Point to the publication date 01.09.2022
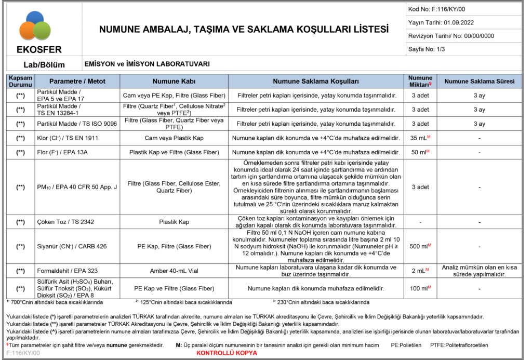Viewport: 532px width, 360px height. pos(441,22)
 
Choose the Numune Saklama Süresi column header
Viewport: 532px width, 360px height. pos(479,82)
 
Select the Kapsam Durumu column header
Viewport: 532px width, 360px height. pos(20,82)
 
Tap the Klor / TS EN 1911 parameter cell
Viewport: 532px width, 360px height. pos(68,138)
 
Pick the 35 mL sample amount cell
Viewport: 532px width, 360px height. pos(420,138)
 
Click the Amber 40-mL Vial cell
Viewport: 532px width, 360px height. pos(174,271)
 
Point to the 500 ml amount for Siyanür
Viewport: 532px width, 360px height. pos(420,245)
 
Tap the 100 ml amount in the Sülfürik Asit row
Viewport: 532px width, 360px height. pos(420,288)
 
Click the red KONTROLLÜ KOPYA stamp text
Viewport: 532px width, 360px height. pos(227,353)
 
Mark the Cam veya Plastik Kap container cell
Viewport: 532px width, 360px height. pos(174,138)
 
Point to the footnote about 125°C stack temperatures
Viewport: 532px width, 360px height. pos(183,302)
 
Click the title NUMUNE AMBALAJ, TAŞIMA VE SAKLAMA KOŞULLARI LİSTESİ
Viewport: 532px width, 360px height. pos(244,30)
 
